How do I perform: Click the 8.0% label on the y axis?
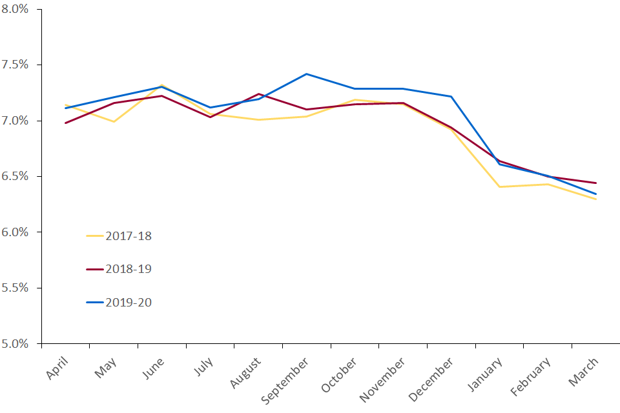(x=15, y=8)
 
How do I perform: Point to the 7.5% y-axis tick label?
(x=15, y=65)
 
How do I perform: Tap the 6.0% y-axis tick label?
(x=15, y=232)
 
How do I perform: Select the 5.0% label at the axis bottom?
(x=15, y=343)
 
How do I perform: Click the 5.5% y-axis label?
(x=15, y=288)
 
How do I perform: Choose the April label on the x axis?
(x=57, y=368)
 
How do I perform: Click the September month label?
(x=285, y=381)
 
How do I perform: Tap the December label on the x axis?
(x=431, y=379)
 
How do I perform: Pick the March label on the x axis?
(x=583, y=372)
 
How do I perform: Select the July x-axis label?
(x=203, y=367)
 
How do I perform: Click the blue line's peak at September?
(x=306, y=74)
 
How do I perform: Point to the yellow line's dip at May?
(x=114, y=122)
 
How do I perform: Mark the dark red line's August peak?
(x=258, y=94)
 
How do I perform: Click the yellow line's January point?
(x=500, y=187)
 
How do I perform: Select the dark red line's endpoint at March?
(x=596, y=183)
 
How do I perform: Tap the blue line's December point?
(x=451, y=96)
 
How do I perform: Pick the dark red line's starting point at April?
(x=66, y=123)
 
